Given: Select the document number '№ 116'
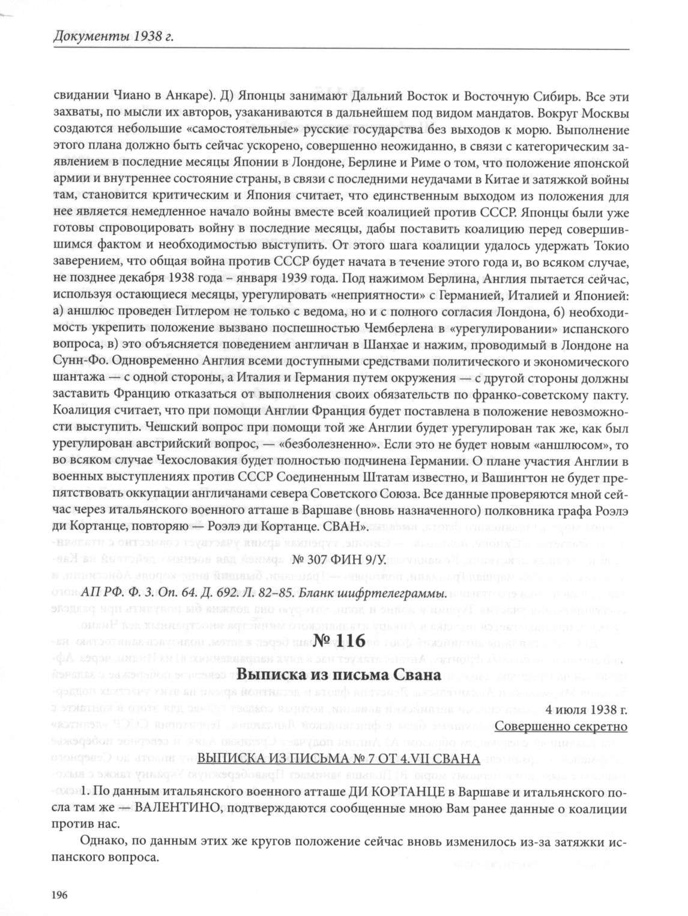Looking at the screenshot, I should click(339, 640).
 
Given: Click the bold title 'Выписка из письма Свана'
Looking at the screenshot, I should click(339, 673).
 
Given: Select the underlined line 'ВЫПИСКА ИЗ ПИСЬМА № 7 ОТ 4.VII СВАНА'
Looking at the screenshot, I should click(339, 759).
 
